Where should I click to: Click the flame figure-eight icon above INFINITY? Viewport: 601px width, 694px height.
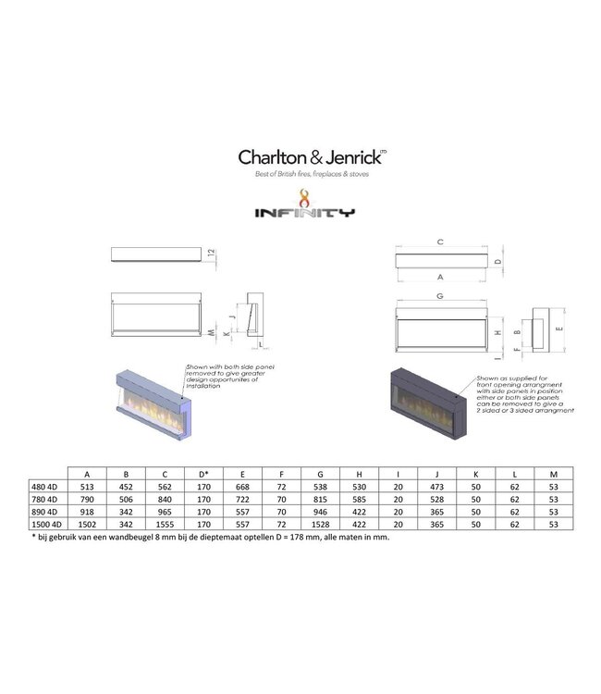304,195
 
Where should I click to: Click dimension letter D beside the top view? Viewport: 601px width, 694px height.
499,262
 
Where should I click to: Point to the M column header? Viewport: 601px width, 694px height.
553,472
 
